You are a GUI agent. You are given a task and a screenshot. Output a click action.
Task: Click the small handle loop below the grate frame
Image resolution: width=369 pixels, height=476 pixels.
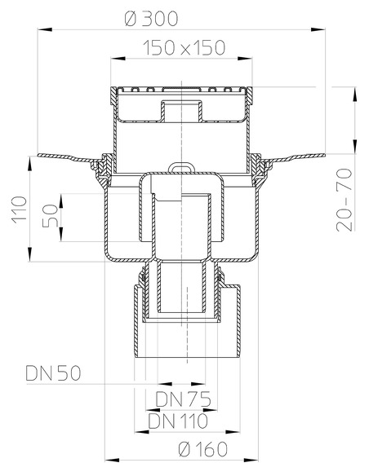[178, 169]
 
